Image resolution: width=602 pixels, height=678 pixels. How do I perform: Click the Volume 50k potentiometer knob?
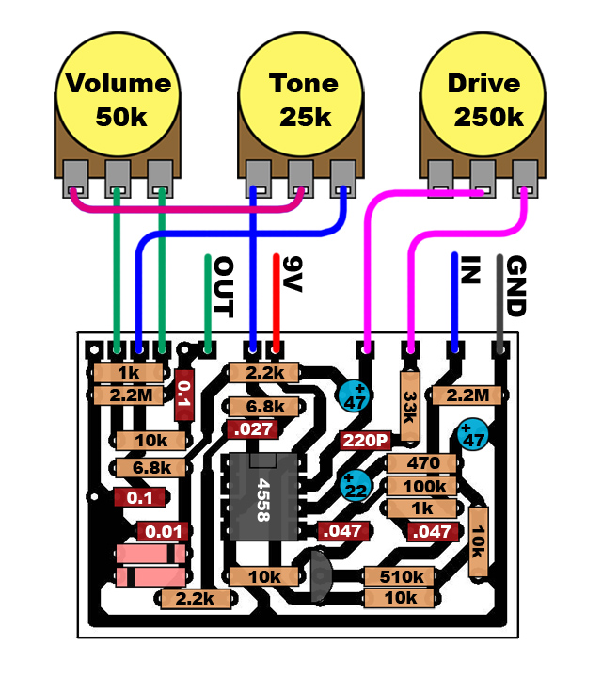pos(118,99)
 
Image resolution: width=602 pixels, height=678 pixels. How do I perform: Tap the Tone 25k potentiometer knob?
pos(302,99)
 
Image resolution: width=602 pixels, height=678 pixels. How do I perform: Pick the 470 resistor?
pos(422,463)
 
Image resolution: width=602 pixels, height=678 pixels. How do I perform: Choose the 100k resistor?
pos(422,486)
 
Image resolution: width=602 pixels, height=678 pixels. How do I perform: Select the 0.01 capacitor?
pos(163,531)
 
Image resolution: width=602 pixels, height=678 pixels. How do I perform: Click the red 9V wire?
pos(277,301)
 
